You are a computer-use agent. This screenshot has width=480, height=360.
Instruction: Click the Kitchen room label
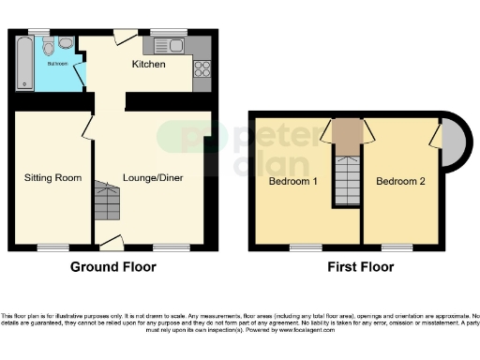point(148,65)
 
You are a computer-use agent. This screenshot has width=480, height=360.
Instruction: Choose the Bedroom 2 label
point(400,181)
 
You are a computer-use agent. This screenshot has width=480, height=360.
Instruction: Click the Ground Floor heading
point(113,267)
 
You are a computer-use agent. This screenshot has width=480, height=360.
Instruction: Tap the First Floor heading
point(360,267)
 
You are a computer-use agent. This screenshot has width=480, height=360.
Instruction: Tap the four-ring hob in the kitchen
point(201,67)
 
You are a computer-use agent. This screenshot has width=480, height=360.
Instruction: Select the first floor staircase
point(347,178)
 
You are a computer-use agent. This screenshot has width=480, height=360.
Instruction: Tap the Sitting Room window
point(52,247)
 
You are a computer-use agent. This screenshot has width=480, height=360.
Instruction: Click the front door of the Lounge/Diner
point(111,244)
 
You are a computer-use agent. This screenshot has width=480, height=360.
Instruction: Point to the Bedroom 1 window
point(302,247)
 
